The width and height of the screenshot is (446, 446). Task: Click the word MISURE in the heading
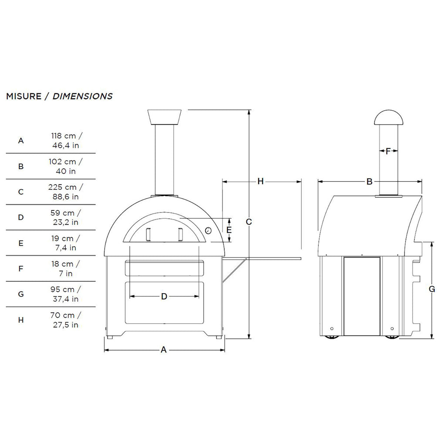pos(24,96)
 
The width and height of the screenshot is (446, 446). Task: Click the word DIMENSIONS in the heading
pos(82,96)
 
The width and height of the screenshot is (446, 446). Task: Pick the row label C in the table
pos(21,192)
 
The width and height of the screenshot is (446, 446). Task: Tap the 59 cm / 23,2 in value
pos(65,217)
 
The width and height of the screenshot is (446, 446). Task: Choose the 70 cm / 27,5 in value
pos(65,320)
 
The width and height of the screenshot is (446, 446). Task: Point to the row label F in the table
pos(21,268)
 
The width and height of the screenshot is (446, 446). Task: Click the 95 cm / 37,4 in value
pos(65,294)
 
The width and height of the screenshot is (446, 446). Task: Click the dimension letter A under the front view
pos(164,350)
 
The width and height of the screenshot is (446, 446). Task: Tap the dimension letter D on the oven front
pos(164,297)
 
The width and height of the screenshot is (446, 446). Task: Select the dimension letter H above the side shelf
pos(260,181)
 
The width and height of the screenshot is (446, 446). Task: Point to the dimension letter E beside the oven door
pos(229,230)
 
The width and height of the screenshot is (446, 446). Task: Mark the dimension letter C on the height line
pos(249,222)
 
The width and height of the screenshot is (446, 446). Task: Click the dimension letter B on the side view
pos(369,182)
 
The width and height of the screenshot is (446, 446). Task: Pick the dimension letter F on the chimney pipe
pos(388,151)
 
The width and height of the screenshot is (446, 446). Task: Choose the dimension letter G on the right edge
pos(432,289)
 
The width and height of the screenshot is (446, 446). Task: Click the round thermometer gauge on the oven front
pos(208,230)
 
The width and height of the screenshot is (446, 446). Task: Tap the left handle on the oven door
pos(148,235)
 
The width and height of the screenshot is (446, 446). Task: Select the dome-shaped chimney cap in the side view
pos(389,118)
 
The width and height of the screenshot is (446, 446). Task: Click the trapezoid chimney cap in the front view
pos(164,117)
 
